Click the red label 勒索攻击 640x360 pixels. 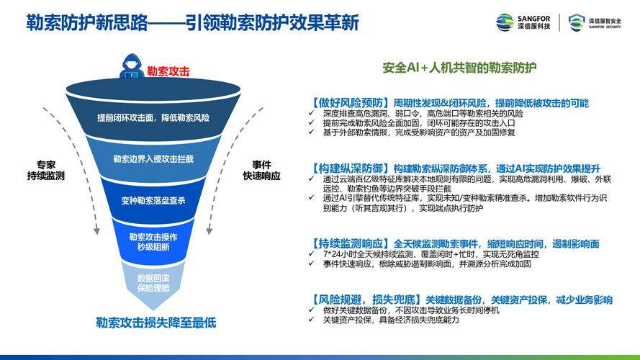tap(168, 71)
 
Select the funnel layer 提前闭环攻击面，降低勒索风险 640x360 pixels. tap(153, 117)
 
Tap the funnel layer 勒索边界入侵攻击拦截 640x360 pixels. tap(153, 158)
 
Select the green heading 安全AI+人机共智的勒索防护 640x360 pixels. tap(459, 67)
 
